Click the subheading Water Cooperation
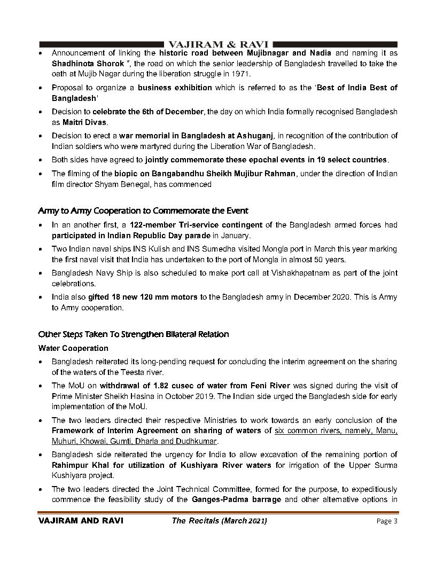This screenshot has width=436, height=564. point(74,348)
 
